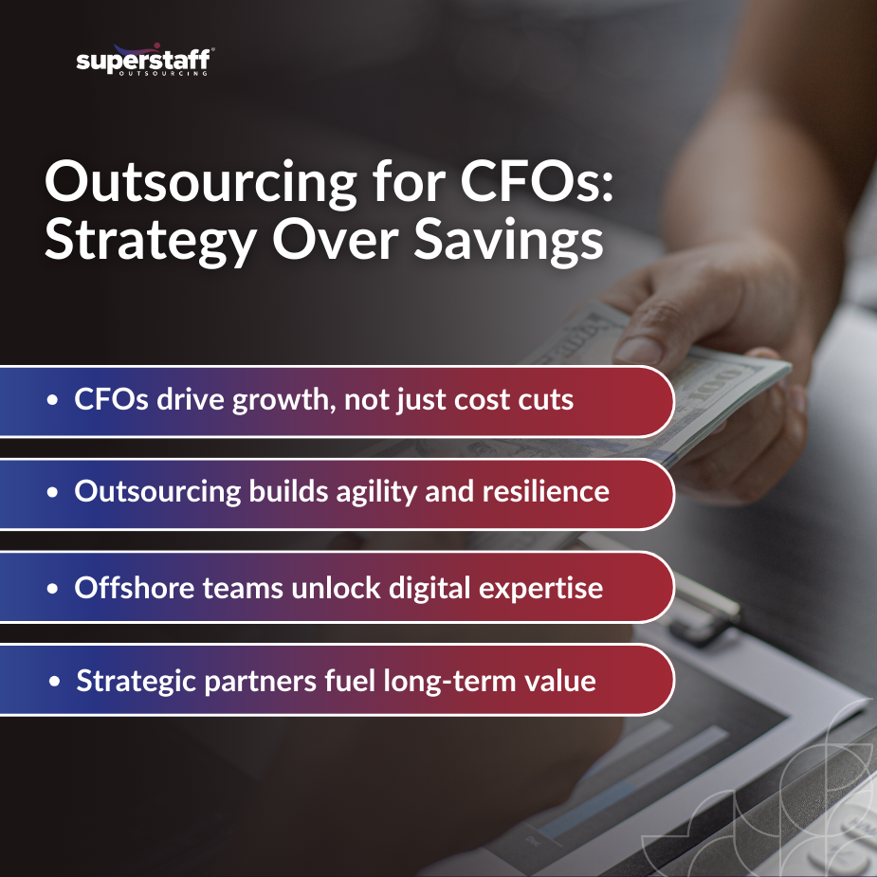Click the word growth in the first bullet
pyautogui.click(x=291, y=399)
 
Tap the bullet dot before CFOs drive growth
pyautogui.click(x=53, y=400)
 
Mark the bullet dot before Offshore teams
pyautogui.click(x=53, y=588)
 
